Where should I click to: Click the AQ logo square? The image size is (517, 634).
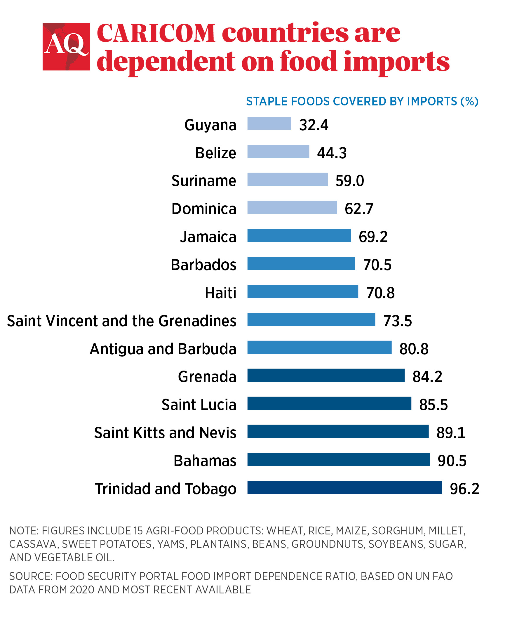[66, 47]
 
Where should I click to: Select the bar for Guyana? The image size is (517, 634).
[269, 124]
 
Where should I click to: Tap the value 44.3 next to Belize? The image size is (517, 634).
[332, 153]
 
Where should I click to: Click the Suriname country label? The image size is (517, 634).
[204, 181]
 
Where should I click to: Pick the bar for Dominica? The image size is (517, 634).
[292, 208]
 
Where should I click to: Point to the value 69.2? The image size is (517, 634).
[373, 237]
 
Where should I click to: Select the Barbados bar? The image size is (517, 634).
[301, 264]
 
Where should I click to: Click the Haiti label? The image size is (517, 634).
[220, 293]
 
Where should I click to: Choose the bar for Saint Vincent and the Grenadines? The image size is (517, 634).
[311, 320]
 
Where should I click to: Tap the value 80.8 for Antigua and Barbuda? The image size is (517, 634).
[414, 349]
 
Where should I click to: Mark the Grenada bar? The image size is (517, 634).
[326, 376]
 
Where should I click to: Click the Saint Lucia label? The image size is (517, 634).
[199, 405]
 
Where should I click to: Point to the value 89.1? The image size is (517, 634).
[451, 433]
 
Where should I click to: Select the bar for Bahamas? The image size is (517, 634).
[339, 459]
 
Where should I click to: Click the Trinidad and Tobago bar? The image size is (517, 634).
[344, 487]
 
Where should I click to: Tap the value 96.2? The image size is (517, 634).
[464, 489]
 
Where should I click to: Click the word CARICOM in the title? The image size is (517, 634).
[156, 33]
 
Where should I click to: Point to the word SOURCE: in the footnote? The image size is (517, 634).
[31, 576]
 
